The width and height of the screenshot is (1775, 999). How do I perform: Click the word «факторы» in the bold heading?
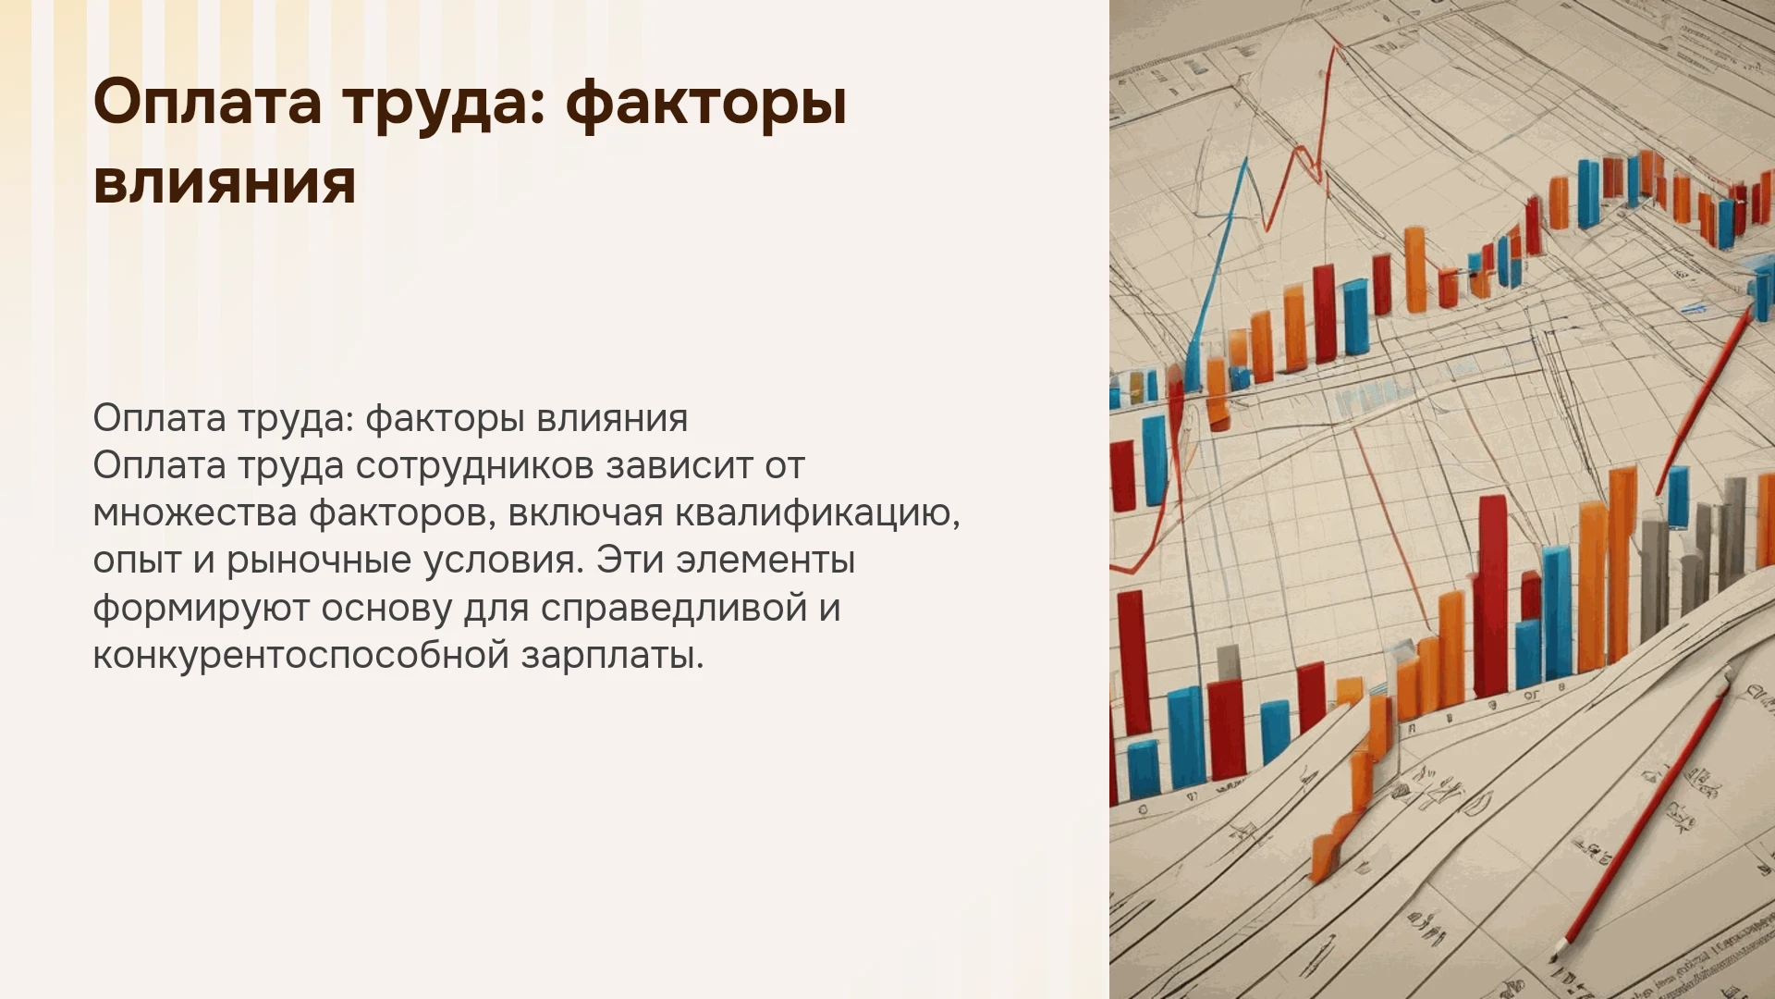coord(706,105)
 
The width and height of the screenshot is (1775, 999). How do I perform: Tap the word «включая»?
coord(585,512)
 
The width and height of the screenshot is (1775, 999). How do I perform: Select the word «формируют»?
coord(201,609)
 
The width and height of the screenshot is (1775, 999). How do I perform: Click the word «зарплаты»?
coord(612,656)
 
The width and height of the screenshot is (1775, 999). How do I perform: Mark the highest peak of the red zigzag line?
coord(1337,44)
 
